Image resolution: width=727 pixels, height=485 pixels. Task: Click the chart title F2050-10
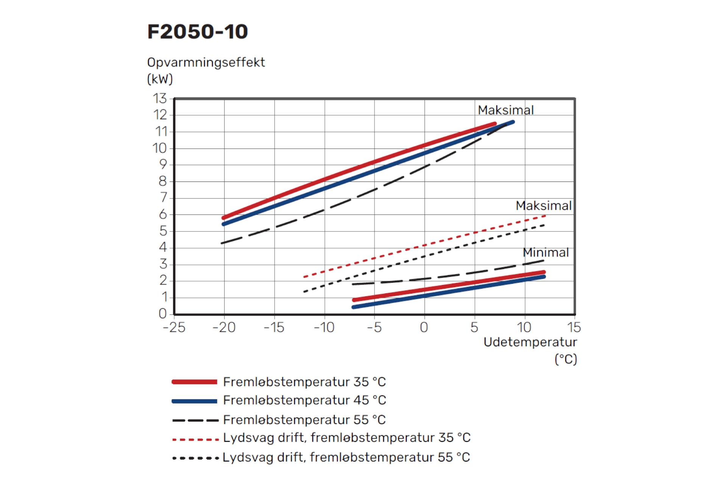click(x=197, y=31)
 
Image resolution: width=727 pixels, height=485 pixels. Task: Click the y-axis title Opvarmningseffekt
click(x=206, y=63)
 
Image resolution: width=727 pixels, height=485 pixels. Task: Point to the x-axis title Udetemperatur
click(x=530, y=342)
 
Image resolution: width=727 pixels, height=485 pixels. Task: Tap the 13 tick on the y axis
click(x=160, y=99)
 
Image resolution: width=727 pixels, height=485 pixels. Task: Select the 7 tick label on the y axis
click(x=163, y=197)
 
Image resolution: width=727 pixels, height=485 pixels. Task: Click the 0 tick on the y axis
click(x=162, y=313)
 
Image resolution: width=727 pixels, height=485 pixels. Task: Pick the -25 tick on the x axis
click(x=174, y=327)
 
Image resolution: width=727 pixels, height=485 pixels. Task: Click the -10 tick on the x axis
click(x=324, y=327)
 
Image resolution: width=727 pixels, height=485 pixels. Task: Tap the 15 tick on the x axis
click(x=574, y=327)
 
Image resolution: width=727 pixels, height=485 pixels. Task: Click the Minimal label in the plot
click(x=546, y=252)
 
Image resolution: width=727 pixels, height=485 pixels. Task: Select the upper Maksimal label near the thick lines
click(x=505, y=110)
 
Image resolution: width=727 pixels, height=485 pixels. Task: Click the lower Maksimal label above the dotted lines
click(x=543, y=206)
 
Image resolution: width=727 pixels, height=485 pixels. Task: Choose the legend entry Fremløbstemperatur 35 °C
click(x=304, y=382)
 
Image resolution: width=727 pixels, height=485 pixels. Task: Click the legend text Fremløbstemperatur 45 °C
click(x=304, y=400)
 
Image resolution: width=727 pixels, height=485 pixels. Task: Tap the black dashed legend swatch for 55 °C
click(x=195, y=420)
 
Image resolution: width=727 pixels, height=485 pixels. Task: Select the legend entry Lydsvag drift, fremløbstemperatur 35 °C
click(x=346, y=438)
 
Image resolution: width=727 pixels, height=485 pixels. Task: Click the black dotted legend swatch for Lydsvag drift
click(x=195, y=458)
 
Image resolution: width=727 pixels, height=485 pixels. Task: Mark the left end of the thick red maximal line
click(x=224, y=217)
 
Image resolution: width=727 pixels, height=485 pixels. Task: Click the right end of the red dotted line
click(x=544, y=216)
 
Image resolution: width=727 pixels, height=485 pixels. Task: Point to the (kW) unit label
click(x=160, y=79)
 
